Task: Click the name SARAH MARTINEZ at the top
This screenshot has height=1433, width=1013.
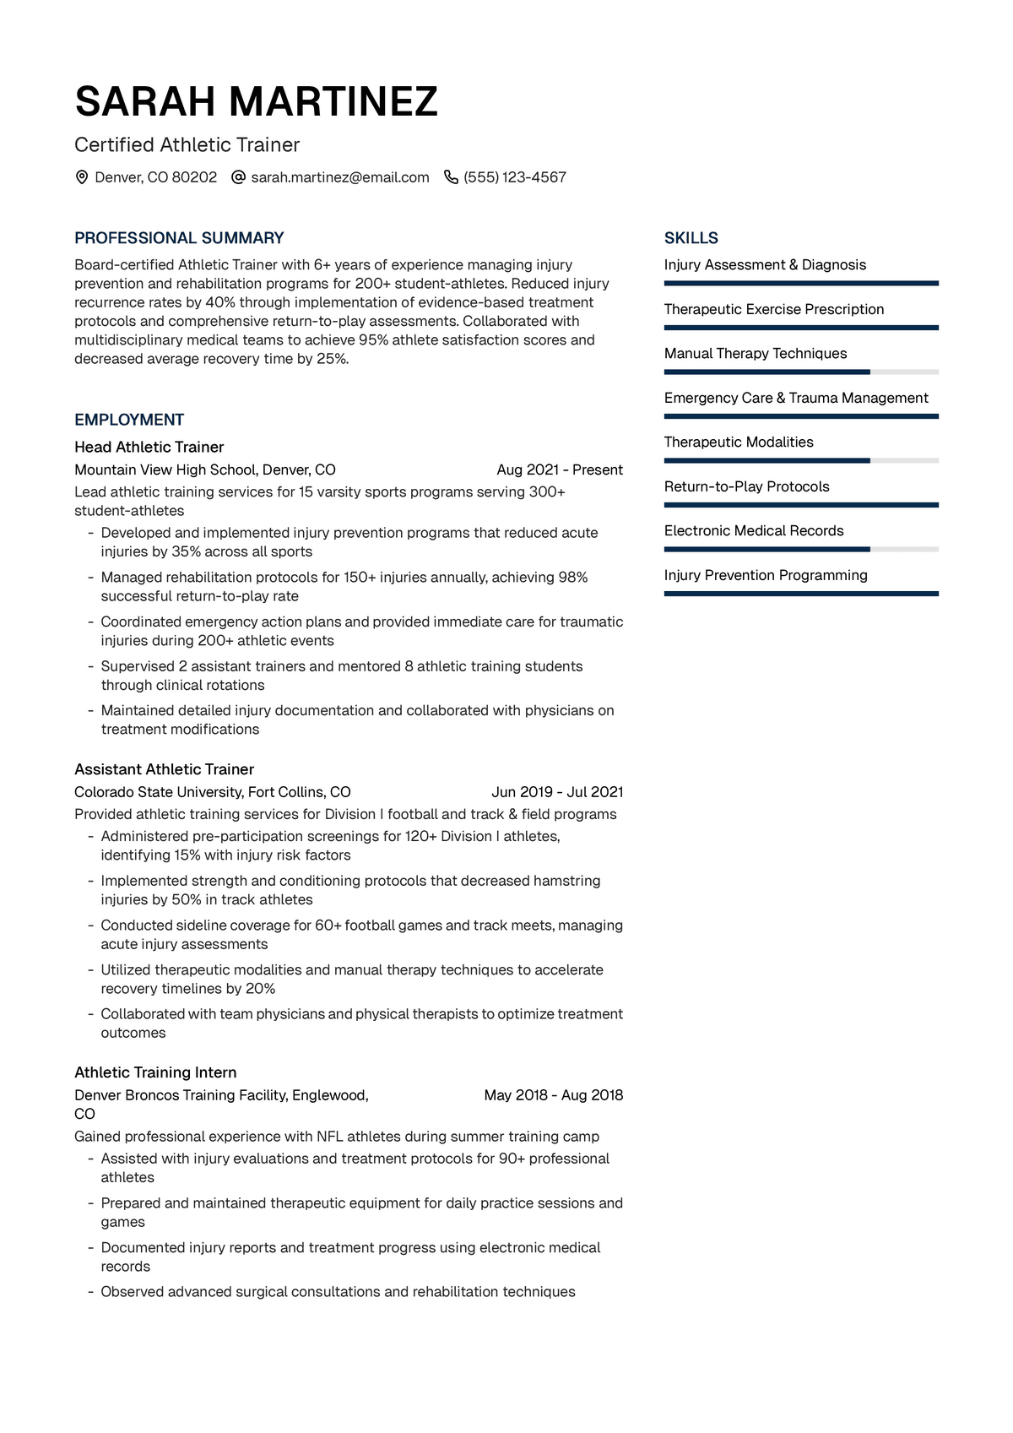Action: [x=256, y=101]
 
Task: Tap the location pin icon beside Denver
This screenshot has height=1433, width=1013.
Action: [x=82, y=177]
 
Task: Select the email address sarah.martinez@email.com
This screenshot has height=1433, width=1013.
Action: [x=340, y=177]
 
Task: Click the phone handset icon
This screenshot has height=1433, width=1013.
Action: [x=451, y=177]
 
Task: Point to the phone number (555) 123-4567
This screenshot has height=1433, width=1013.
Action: [x=515, y=177]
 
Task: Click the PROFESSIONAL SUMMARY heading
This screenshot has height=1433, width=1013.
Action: [x=179, y=238]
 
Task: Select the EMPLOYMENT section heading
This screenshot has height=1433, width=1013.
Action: [x=129, y=420]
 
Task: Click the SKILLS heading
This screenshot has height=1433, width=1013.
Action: [x=691, y=238]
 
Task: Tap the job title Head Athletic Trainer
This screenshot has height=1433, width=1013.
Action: [x=149, y=447]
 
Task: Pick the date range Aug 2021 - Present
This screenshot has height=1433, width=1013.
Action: [x=560, y=470]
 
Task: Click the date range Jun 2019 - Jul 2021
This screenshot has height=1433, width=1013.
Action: [x=557, y=792]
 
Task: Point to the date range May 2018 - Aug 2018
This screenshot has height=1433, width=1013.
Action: [x=554, y=1095]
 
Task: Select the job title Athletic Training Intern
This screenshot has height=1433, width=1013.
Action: [x=155, y=1072]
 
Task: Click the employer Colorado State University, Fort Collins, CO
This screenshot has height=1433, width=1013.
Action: [x=213, y=792]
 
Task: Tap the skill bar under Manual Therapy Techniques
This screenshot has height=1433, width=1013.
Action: [x=801, y=372]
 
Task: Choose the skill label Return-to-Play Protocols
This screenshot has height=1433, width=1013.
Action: [x=746, y=486]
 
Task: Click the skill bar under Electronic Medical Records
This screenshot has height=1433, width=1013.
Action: [x=801, y=549]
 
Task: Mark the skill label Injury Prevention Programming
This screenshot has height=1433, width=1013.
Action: [x=766, y=575]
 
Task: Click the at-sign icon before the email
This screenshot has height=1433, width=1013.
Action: [x=238, y=177]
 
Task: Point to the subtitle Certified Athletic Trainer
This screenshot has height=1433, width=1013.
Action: [x=187, y=145]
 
